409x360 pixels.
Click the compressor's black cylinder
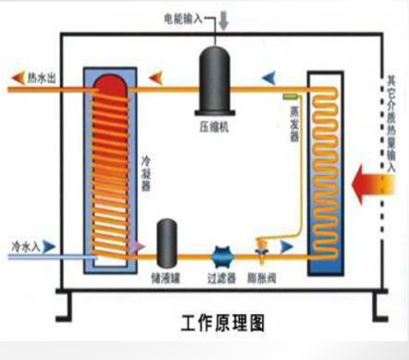coord(216,81)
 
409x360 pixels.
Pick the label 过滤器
coord(220,279)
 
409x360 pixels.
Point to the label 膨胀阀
coord(263,279)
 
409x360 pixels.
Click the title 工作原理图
coord(218,321)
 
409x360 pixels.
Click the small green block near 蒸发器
coord(290,96)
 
